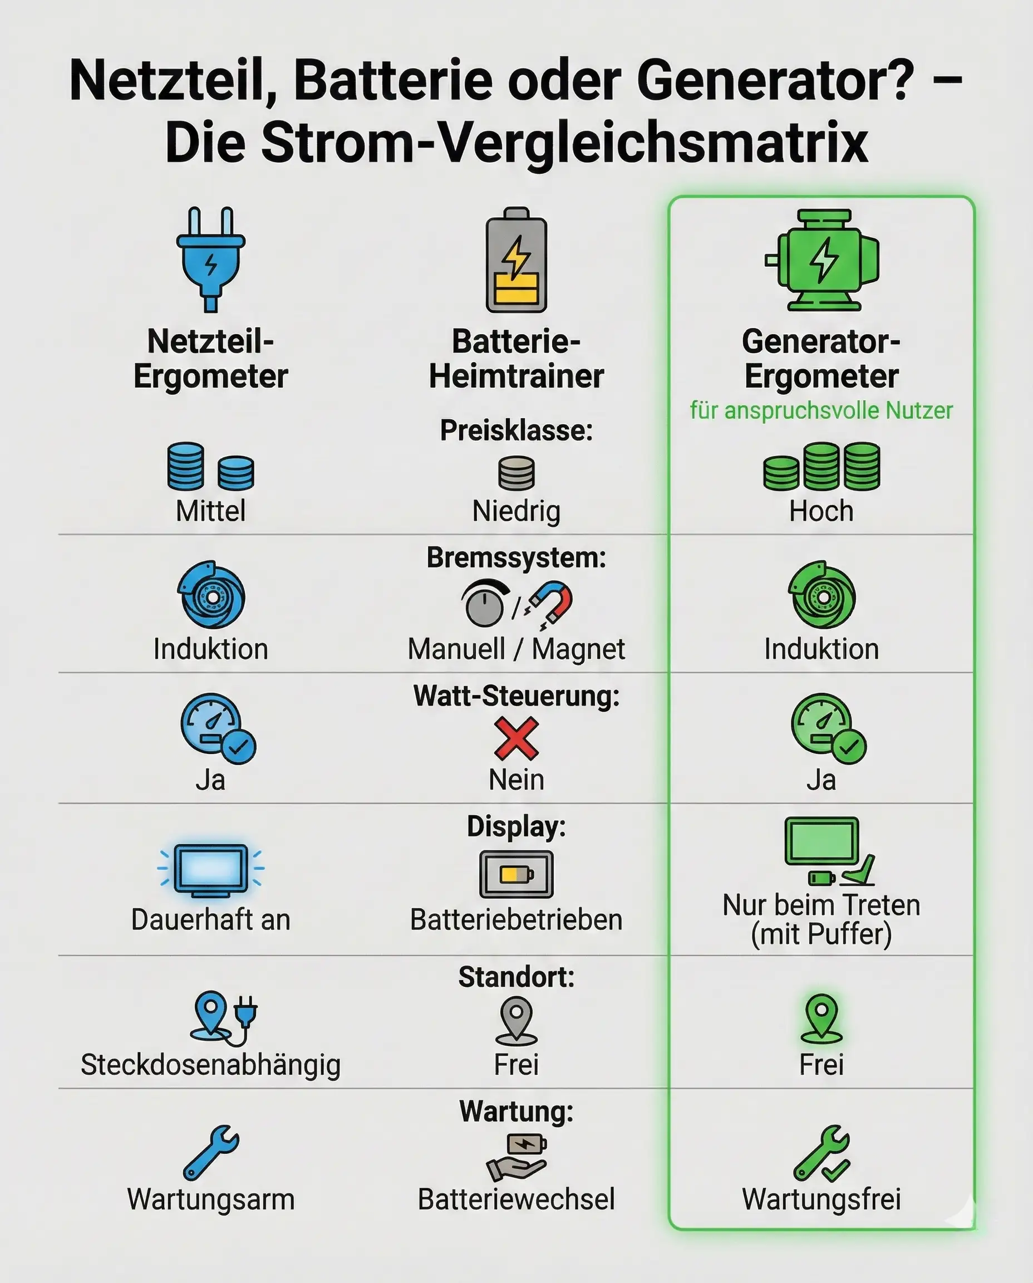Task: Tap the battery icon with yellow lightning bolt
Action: (516, 260)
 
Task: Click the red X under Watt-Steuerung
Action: (516, 738)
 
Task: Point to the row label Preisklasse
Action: (516, 430)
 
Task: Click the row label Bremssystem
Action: (516, 558)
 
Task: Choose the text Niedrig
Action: (516, 511)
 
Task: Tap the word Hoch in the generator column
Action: (821, 511)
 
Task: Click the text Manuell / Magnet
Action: (516, 649)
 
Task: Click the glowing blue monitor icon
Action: (210, 870)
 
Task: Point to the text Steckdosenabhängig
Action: (210, 1065)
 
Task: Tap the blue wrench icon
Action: (210, 1152)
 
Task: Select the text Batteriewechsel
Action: (516, 1199)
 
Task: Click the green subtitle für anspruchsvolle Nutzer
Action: (821, 411)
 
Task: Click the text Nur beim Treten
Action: (821, 905)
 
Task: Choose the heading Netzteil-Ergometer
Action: (210, 359)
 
